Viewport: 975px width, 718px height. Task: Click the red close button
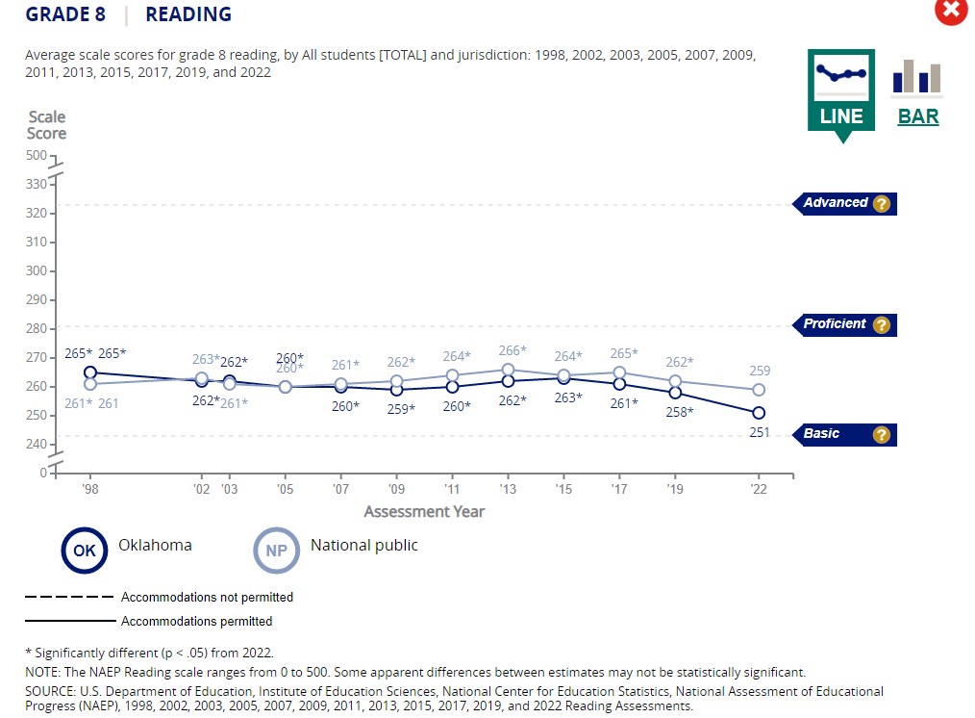(951, 12)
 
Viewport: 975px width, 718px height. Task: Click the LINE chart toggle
(841, 92)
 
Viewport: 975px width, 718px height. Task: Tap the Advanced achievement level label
(836, 203)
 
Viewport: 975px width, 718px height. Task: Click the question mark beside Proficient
(881, 325)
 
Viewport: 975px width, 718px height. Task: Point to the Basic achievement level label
(822, 434)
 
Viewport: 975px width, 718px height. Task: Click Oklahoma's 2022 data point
(759, 413)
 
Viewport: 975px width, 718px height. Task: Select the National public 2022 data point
(759, 390)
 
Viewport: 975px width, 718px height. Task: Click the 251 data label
(760, 433)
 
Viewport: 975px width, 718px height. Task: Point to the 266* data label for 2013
(512, 351)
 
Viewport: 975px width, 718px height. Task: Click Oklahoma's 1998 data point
(90, 372)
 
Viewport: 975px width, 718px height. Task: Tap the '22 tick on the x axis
(759, 489)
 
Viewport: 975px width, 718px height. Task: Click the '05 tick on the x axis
(285, 489)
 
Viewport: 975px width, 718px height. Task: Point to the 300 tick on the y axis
(37, 270)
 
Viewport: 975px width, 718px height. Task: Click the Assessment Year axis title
(424, 512)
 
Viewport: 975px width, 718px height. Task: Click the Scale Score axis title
(46, 125)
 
